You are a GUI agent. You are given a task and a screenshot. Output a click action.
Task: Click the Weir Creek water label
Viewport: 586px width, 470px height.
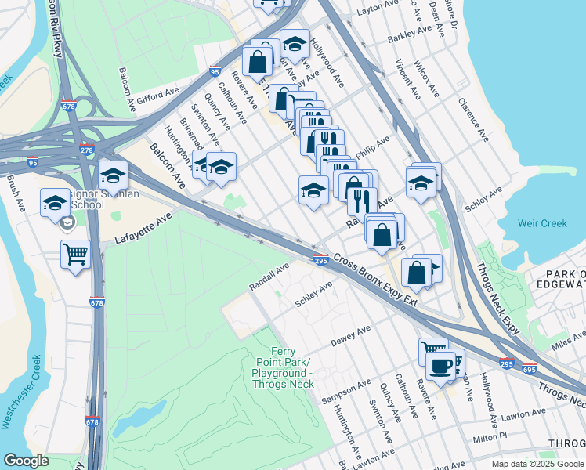(x=542, y=223)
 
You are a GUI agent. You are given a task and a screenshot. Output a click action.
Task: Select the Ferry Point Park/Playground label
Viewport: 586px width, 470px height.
(x=283, y=367)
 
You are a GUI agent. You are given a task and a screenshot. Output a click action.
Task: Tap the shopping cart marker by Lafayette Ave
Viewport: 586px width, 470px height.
(x=76, y=254)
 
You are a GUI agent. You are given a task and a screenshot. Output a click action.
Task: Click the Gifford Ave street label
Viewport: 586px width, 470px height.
(x=159, y=98)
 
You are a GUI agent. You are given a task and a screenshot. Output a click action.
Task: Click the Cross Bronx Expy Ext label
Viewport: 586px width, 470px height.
(x=374, y=280)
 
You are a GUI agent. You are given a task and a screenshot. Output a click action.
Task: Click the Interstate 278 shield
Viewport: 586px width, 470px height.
(x=86, y=150)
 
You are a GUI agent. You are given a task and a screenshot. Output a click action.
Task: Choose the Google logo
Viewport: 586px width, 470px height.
(x=27, y=461)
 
